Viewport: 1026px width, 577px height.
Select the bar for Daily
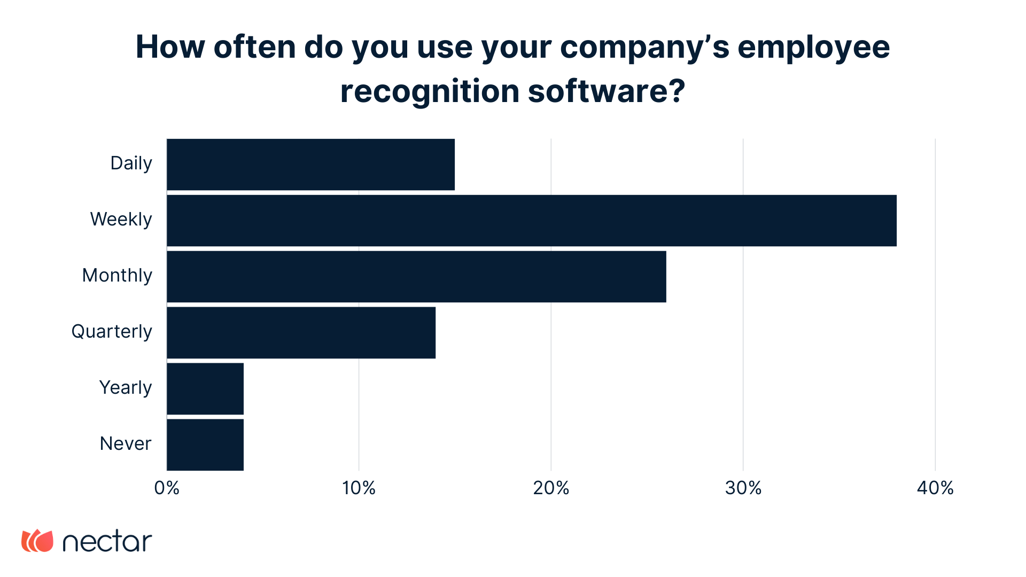pyautogui.click(x=310, y=165)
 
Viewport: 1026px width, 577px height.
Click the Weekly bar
pyautogui.click(x=532, y=221)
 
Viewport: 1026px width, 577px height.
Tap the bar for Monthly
pyautogui.click(x=416, y=277)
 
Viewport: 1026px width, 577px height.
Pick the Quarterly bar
pyautogui.click(x=301, y=333)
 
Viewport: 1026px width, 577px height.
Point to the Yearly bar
pyautogui.click(x=205, y=389)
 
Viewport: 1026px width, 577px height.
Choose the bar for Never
pyautogui.click(x=205, y=445)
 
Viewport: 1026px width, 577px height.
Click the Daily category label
pyautogui.click(x=131, y=163)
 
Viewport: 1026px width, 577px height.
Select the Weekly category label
pyautogui.click(x=121, y=220)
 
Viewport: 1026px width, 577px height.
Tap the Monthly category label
pyautogui.click(x=117, y=276)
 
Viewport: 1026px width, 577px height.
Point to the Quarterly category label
pyautogui.click(x=112, y=332)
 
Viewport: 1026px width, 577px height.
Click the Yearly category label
pyautogui.click(x=126, y=388)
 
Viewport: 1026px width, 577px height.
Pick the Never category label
pyautogui.click(x=126, y=444)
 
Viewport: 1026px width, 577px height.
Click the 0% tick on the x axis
pyautogui.click(x=167, y=488)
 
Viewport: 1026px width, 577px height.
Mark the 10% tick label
pyautogui.click(x=359, y=488)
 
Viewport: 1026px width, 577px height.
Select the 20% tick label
pyautogui.click(x=551, y=488)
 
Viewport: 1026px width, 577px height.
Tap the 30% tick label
pyautogui.click(x=743, y=488)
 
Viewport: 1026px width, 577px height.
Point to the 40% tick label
pyautogui.click(x=935, y=488)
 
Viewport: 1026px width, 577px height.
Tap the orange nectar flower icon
pyautogui.click(x=37, y=541)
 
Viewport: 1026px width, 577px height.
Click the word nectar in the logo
pyautogui.click(x=107, y=542)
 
